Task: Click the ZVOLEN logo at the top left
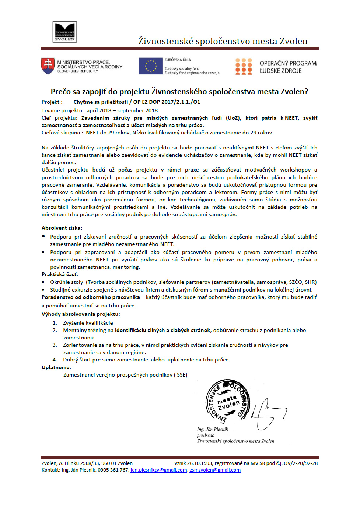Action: point(64,32)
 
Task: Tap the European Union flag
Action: point(150,66)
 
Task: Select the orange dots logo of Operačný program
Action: point(244,66)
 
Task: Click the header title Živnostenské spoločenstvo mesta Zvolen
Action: point(223,41)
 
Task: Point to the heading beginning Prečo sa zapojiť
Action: point(179,91)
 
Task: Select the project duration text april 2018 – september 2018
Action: point(122,110)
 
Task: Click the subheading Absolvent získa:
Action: point(62,228)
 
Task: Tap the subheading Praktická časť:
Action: point(60,274)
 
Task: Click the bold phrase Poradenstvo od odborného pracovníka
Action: point(91,297)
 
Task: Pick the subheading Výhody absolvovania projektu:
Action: point(81,314)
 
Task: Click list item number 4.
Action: point(146,360)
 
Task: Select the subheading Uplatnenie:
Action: point(56,367)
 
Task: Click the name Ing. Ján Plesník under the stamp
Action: point(213,429)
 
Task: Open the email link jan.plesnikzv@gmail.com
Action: point(159,470)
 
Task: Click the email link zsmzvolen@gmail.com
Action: point(215,470)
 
